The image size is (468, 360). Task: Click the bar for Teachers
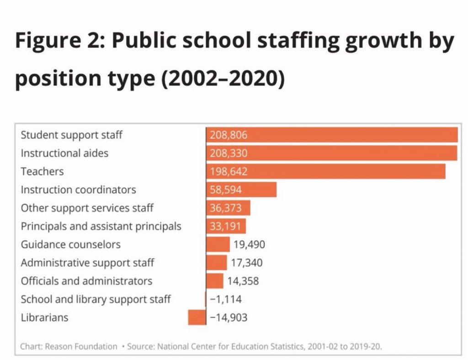pyautogui.click(x=325, y=171)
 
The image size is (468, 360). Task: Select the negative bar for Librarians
pyautogui.click(x=197, y=317)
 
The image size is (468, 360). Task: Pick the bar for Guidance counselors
pyautogui.click(x=218, y=244)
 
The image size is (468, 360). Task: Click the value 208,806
pyautogui.click(x=229, y=135)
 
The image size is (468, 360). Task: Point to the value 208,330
pyautogui.click(x=229, y=153)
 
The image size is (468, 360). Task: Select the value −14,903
pyautogui.click(x=229, y=317)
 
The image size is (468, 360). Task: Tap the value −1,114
pyautogui.click(x=226, y=299)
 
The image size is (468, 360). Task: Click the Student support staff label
pyautogui.click(x=72, y=135)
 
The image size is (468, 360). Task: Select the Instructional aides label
pyautogui.click(x=64, y=153)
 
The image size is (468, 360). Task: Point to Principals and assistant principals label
pyautogui.click(x=101, y=226)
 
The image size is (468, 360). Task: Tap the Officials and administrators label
pyautogui.click(x=86, y=281)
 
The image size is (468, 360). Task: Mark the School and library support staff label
pyautogui.click(x=96, y=299)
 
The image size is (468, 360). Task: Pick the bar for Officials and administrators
pyautogui.click(x=215, y=281)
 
